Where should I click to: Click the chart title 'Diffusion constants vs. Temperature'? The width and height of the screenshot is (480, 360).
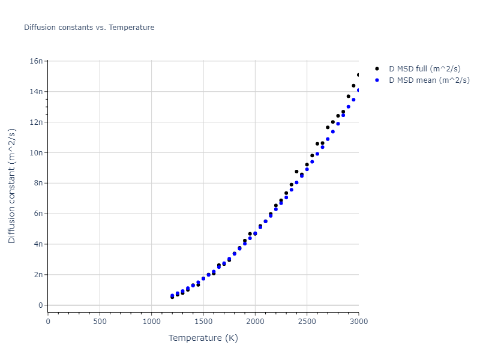89,28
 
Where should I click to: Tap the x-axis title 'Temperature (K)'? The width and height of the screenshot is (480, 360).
203,338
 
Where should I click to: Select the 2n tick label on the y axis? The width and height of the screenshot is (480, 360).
38,275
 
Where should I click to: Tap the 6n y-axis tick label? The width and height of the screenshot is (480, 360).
38,214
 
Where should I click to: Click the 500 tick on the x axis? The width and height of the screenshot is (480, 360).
100,322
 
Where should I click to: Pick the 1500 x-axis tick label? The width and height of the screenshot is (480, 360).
203,322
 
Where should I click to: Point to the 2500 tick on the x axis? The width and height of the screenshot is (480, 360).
307,322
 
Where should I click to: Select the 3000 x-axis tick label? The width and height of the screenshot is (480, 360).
358,322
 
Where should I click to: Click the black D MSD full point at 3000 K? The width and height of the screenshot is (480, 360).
358,75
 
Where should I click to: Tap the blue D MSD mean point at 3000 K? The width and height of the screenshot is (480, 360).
358,90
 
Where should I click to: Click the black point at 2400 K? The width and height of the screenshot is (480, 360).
296,172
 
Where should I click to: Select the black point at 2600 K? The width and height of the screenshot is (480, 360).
317,144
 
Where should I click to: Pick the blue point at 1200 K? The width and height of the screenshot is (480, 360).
172,296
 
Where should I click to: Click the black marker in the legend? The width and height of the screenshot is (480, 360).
377,69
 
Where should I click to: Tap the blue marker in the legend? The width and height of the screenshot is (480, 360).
377,80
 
